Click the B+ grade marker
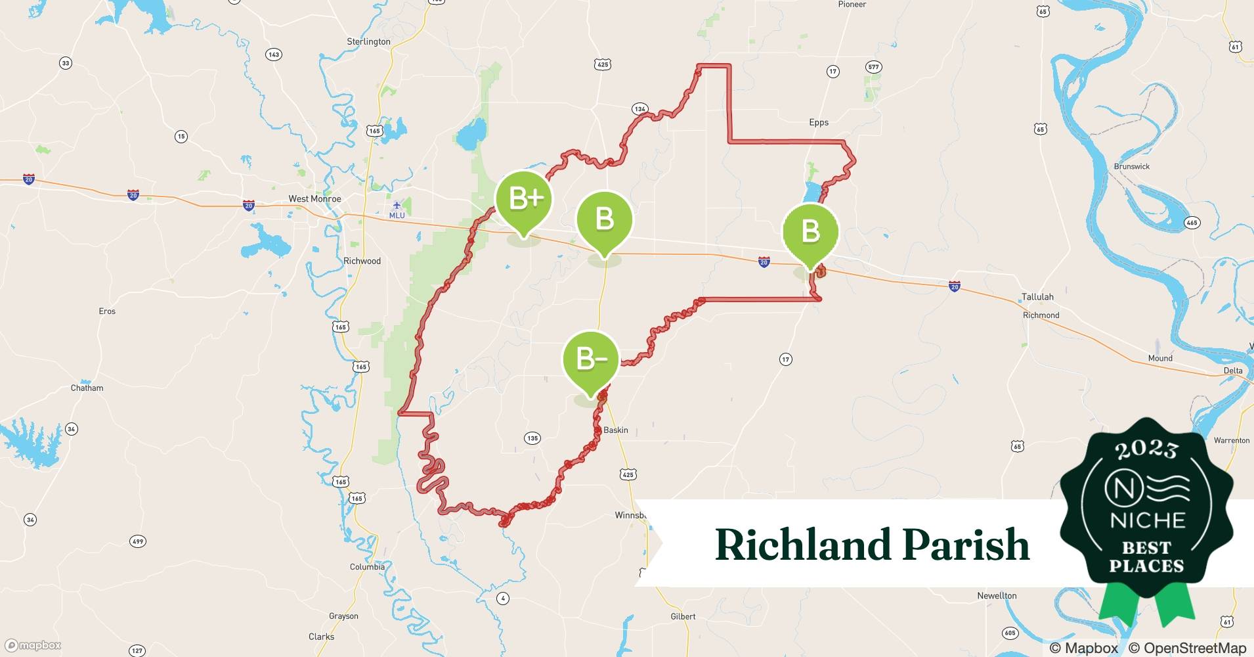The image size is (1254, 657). (523, 200)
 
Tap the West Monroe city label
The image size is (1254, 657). (314, 198)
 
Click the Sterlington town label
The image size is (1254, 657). (368, 41)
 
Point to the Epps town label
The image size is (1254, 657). (819, 122)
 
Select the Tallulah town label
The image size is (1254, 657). (1037, 297)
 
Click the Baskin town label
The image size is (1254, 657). (616, 430)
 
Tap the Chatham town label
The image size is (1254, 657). (87, 388)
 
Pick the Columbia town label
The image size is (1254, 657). (367, 567)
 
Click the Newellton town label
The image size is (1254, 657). (997, 596)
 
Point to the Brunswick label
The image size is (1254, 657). (1132, 166)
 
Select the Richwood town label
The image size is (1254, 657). (362, 261)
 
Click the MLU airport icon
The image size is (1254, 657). (397, 206)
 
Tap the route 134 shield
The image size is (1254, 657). (640, 109)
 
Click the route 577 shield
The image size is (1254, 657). (873, 67)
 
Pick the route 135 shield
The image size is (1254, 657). (532, 438)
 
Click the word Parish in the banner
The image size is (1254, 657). (965, 545)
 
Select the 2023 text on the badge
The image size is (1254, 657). (1146, 450)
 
